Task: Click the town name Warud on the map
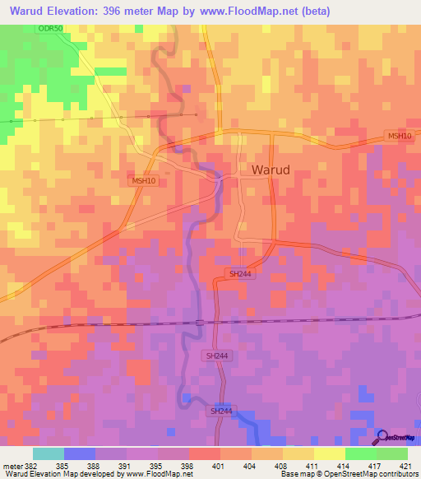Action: coord(270,170)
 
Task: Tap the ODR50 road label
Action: coord(49,29)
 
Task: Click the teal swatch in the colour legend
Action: coord(49,453)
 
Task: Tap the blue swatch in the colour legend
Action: coord(80,453)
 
